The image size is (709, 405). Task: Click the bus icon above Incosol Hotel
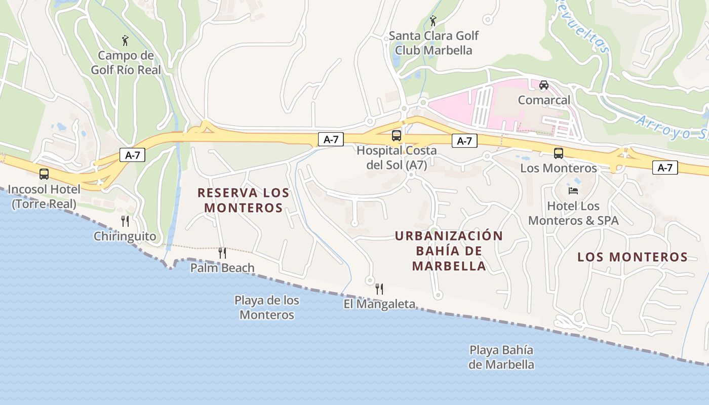pos(44,174)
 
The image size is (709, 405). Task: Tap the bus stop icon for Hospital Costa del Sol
pos(396,136)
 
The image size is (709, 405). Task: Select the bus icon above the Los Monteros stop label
pos(558,153)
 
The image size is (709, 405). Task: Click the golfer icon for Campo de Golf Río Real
pos(125,40)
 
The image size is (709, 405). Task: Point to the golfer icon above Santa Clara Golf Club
pos(432,21)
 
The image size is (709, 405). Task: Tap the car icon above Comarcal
pos(543,85)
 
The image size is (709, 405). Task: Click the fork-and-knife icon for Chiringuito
pos(125,221)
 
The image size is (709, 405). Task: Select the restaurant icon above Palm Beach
pos(222,253)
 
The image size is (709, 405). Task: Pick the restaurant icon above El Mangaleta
pos(379,289)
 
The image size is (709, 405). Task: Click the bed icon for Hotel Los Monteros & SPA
pos(573,190)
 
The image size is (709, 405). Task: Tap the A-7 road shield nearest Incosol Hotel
pos(132,155)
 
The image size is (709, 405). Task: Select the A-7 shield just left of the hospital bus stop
pos(330,140)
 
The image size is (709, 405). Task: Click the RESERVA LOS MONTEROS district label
pos(243,200)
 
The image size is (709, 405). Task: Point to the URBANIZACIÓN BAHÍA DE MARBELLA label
pos(449,251)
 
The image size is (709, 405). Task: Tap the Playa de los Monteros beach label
pos(266,307)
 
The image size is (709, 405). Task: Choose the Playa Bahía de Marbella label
pos(501,357)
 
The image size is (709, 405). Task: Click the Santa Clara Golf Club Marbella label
pos(434,43)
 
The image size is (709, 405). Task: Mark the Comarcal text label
pos(543,100)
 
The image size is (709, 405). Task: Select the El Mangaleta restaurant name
pos(379,304)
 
